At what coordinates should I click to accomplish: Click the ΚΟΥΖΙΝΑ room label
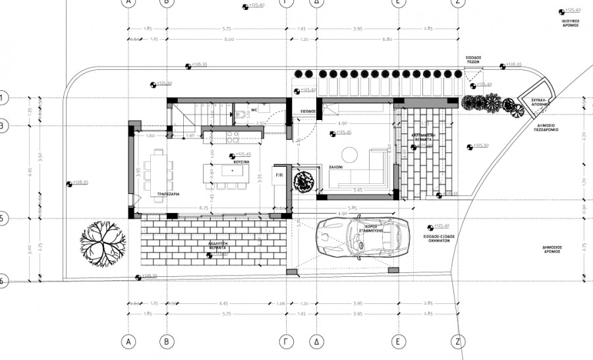(240, 161)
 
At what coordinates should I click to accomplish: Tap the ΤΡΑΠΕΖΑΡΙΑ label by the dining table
(161, 195)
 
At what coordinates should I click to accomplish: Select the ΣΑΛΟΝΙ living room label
(336, 167)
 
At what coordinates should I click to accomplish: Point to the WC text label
(253, 110)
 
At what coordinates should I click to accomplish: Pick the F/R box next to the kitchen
(279, 175)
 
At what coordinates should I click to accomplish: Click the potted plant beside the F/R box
(304, 180)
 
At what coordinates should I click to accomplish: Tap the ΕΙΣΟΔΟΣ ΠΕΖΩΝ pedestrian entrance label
(474, 60)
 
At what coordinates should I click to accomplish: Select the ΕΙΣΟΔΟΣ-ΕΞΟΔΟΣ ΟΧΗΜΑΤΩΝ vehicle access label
(441, 238)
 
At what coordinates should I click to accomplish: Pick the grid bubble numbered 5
(2, 218)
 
